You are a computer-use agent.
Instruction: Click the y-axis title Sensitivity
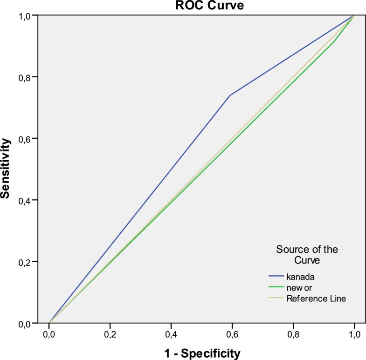(x=6, y=168)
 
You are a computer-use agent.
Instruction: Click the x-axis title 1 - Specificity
(x=202, y=353)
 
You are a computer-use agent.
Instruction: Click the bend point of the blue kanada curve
(x=230, y=95)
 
